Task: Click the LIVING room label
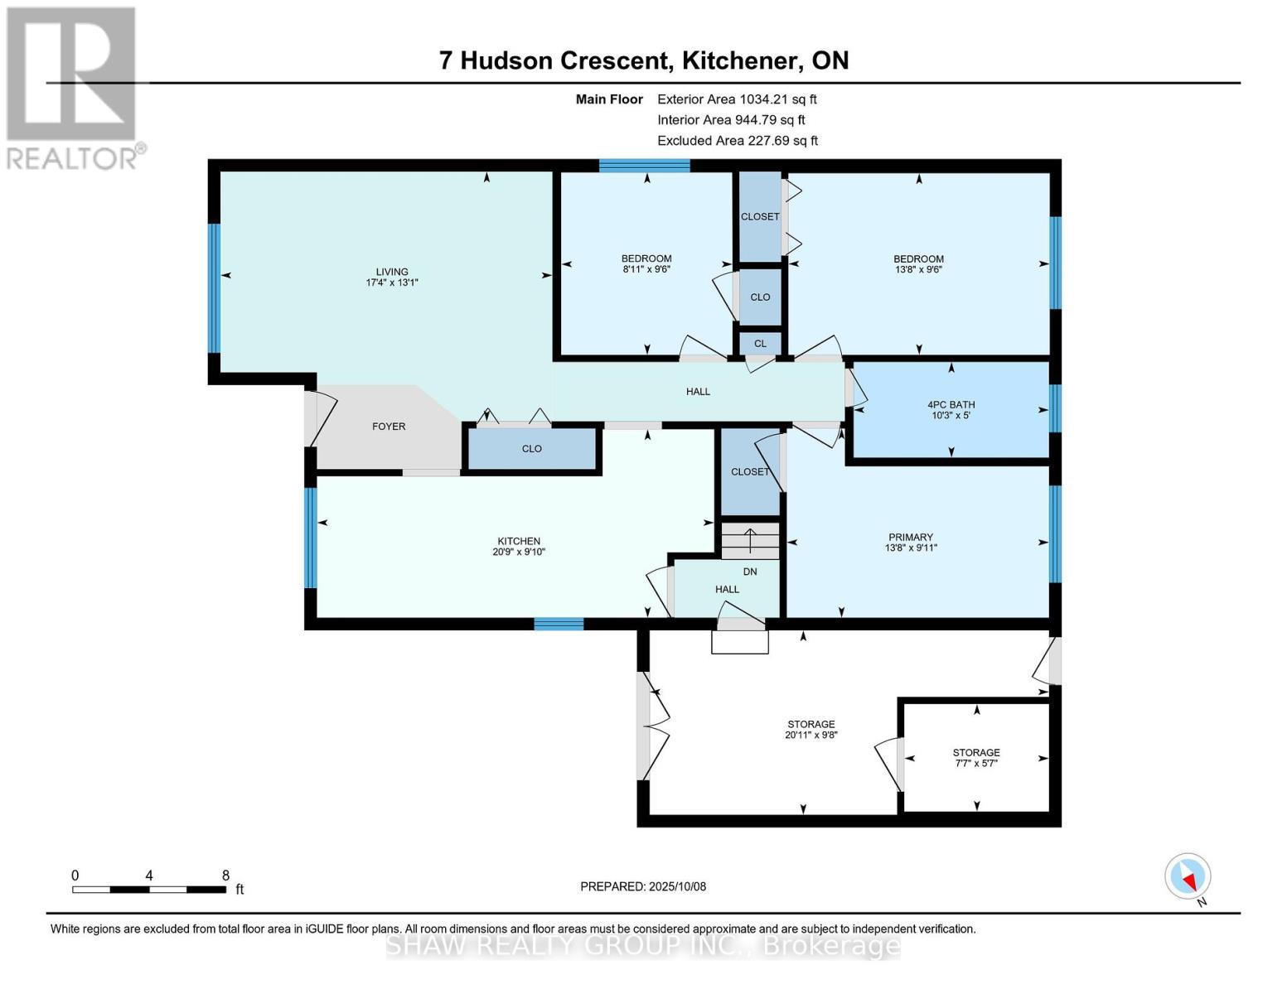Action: coord(391,272)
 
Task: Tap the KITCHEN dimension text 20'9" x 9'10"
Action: coord(519,552)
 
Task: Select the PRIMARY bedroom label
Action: coord(911,537)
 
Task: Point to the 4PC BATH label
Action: coord(951,405)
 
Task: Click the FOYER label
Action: coord(389,427)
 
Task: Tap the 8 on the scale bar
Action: coord(225,875)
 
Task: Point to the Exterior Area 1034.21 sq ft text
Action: coord(737,99)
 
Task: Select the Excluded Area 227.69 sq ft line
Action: coord(738,141)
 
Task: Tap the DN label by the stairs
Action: coord(750,572)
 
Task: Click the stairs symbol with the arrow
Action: coord(750,541)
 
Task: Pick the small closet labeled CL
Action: coord(761,344)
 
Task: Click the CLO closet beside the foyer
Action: coord(532,449)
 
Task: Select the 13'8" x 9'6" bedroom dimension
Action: coord(918,269)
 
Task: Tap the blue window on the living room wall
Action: coord(214,288)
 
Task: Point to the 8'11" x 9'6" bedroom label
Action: coord(646,268)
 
